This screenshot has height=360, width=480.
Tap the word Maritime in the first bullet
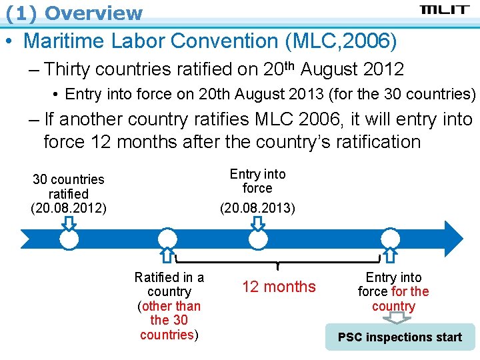[x=67, y=41]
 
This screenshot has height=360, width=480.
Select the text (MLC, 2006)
[x=341, y=41]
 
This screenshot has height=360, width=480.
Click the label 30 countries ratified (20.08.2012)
[x=69, y=193]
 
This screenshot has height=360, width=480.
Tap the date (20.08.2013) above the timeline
[x=257, y=208]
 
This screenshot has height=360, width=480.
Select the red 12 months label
[x=279, y=287]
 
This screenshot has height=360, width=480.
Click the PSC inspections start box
[x=399, y=337]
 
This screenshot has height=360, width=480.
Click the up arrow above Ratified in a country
[x=168, y=254]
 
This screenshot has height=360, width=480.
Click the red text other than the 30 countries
[x=169, y=321]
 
